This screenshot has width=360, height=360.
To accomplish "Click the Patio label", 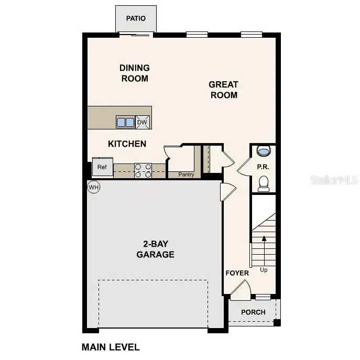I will pyautogui.click(x=136, y=19).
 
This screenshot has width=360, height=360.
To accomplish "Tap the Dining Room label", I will pyautogui.click(x=135, y=73).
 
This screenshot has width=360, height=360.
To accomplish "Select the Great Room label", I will pyautogui.click(x=223, y=90).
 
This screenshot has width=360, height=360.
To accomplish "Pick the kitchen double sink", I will pyautogui.click(x=125, y=123).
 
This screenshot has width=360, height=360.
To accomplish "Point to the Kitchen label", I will pyautogui.click(x=127, y=144).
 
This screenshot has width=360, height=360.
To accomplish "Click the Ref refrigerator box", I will pyautogui.click(x=102, y=167).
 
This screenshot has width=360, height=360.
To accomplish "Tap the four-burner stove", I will pyautogui.click(x=143, y=171).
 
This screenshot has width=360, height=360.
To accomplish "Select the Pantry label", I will pyautogui.click(x=186, y=174).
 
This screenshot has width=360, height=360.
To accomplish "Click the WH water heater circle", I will pyautogui.click(x=93, y=187).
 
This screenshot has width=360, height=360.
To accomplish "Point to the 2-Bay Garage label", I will pyautogui.click(x=155, y=249).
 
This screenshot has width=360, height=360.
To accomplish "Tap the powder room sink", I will pyautogui.click(x=264, y=151).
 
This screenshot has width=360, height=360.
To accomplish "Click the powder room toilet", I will pyautogui.click(x=264, y=183).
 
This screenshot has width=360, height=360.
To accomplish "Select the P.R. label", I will pyautogui.click(x=263, y=167).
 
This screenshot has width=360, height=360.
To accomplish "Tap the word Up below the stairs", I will pyautogui.click(x=264, y=270).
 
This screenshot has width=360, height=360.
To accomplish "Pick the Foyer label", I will pyautogui.click(x=237, y=273).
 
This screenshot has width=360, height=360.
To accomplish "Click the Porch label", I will pyautogui.click(x=253, y=312).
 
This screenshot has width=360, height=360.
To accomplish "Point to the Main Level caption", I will pyautogui.click(x=111, y=347).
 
